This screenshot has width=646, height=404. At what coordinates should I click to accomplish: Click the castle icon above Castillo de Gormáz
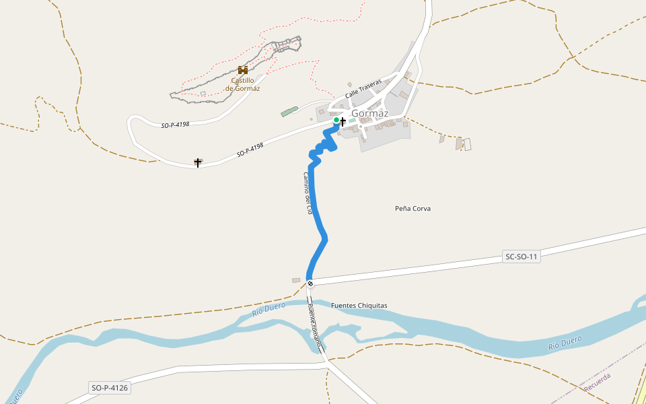pyautogui.click(x=243, y=70)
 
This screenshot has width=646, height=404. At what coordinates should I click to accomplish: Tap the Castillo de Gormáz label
pyautogui.click(x=243, y=84)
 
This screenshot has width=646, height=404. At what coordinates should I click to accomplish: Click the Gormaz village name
pyautogui.click(x=370, y=114)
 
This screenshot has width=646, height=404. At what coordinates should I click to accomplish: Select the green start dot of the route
pyautogui.click(x=336, y=120)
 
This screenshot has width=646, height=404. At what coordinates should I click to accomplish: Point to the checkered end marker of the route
pyautogui.click(x=310, y=283)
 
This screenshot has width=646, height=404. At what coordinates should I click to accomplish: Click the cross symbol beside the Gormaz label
pyautogui.click(x=343, y=121)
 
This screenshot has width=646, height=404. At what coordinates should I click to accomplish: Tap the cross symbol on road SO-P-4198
pyautogui.click(x=198, y=162)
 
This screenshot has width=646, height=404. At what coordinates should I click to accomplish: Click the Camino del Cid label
pyautogui.click(x=308, y=193)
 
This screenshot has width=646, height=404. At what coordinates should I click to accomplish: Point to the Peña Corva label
pyautogui.click(x=412, y=209)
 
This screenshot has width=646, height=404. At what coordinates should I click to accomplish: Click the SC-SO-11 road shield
pyautogui.click(x=522, y=257)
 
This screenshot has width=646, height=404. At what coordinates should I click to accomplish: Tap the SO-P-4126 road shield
pyautogui.click(x=109, y=388)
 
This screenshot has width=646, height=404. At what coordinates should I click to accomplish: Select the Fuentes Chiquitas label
pyautogui.click(x=359, y=306)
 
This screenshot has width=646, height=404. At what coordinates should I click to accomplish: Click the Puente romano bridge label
pyautogui.click(x=315, y=327)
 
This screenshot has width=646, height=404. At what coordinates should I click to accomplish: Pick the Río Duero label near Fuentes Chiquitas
pyautogui.click(x=269, y=309)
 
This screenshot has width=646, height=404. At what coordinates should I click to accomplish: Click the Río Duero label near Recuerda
pyautogui.click(x=565, y=342)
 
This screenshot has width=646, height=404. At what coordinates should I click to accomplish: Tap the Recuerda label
pyautogui.click(x=598, y=383)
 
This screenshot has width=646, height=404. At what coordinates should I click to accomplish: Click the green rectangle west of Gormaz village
pyautogui.click(x=289, y=111)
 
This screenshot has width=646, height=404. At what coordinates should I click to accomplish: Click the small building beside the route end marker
pyautogui.click(x=296, y=280)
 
